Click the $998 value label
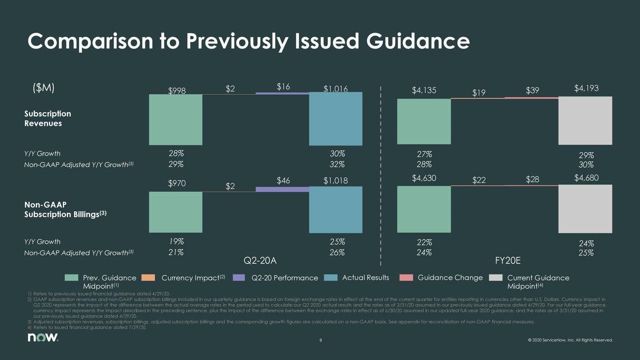175,90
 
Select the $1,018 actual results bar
335,209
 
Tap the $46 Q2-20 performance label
283,180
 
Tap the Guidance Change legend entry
450,277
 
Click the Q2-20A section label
259,260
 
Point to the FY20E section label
508,260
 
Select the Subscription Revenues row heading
47,118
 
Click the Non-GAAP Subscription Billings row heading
65,209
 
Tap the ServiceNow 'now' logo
43,338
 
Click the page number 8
320,341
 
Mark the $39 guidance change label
532,90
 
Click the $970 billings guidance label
177,183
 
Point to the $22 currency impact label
479,180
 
